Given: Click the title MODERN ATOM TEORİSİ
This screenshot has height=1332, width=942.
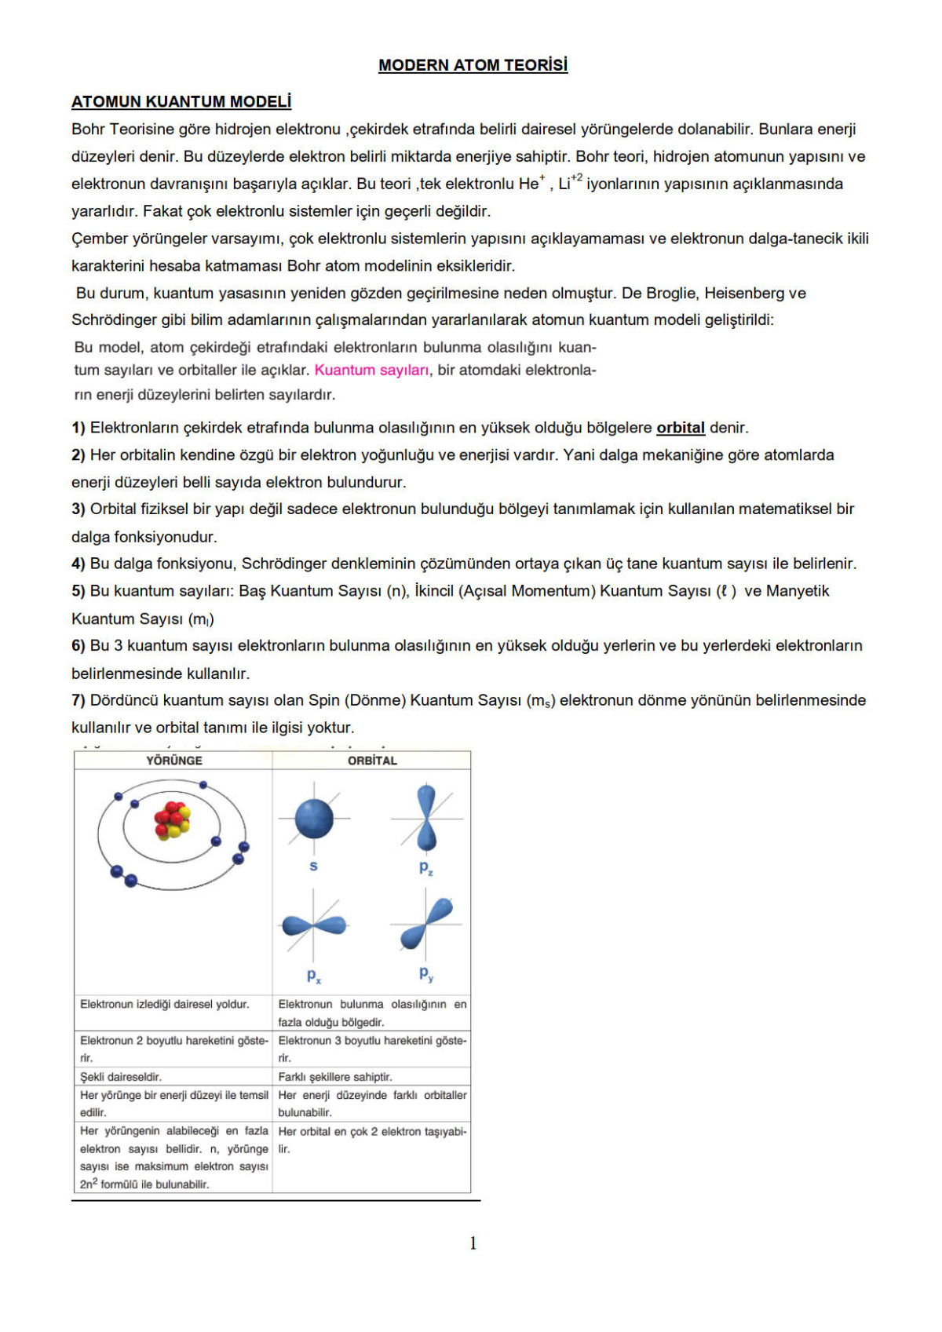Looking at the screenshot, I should (473, 65).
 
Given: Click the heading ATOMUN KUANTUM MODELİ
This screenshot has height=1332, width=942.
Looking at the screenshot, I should (181, 101).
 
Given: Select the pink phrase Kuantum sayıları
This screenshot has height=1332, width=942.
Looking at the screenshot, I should (371, 370).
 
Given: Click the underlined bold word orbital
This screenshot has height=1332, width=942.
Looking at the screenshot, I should (680, 428).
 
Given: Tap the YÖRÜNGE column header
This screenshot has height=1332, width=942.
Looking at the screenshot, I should (173, 761).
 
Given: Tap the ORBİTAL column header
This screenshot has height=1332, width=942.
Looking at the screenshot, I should (372, 761).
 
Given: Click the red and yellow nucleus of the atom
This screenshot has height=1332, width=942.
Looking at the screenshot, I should (172, 820).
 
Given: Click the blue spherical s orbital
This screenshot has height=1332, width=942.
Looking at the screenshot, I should (314, 819).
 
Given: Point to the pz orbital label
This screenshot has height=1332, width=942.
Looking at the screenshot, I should (425, 867).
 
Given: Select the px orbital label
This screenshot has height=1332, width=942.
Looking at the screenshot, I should (313, 976).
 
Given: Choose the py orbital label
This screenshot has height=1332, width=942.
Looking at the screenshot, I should (425, 974).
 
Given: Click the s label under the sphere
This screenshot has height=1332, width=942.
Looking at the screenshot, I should (313, 867).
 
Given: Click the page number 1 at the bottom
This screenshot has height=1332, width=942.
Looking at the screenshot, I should (473, 1243).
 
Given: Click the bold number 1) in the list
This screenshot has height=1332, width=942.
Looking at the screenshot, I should (78, 428).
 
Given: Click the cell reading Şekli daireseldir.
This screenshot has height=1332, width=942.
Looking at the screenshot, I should (121, 1077).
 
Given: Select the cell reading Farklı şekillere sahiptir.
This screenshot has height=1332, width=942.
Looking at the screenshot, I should (335, 1077).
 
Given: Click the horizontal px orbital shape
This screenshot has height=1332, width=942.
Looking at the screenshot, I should (314, 925).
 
